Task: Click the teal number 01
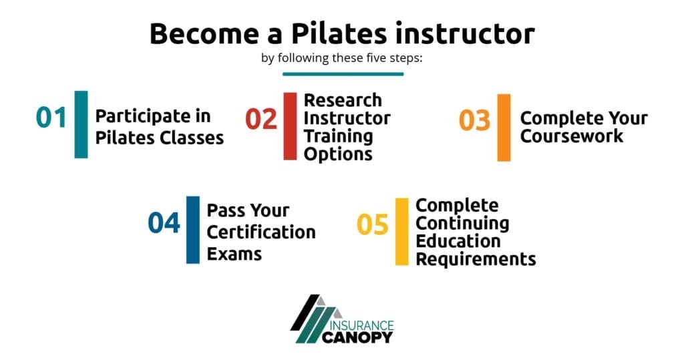(51, 118)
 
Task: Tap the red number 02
(261, 119)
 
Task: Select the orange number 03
(474, 121)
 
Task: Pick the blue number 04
(164, 223)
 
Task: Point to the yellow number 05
(372, 225)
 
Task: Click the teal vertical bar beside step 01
(81, 124)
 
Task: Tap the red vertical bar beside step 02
(290, 126)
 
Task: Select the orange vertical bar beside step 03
(504, 128)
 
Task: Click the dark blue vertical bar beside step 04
(192, 230)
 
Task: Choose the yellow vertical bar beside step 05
(401, 232)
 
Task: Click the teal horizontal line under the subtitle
(342, 73)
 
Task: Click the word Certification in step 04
(261, 232)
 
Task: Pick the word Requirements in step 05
(476, 258)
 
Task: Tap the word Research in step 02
(343, 100)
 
